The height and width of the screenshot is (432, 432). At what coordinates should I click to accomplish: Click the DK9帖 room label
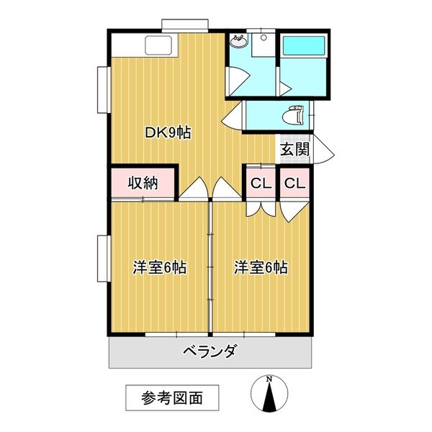[x=168, y=133]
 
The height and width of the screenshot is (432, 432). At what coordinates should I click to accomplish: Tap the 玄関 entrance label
[x=295, y=150]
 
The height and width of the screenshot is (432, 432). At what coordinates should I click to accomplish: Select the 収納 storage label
[x=143, y=183]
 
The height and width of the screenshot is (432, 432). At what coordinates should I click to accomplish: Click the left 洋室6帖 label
[x=159, y=268]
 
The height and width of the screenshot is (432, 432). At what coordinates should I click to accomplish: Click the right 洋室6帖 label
[x=260, y=268]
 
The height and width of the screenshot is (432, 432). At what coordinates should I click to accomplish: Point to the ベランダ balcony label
[x=210, y=352]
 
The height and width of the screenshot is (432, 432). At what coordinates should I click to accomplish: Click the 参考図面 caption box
[x=171, y=397]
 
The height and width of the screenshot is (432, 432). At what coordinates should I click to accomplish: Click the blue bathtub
[x=303, y=47]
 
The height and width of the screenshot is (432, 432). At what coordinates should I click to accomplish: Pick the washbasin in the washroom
[x=239, y=42]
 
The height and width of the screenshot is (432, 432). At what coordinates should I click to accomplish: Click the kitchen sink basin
[x=160, y=45]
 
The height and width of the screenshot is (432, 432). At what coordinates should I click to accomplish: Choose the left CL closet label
[x=260, y=184]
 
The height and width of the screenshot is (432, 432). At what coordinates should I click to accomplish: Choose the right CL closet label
[x=294, y=184]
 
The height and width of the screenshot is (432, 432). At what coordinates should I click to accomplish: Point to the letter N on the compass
[x=269, y=378]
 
